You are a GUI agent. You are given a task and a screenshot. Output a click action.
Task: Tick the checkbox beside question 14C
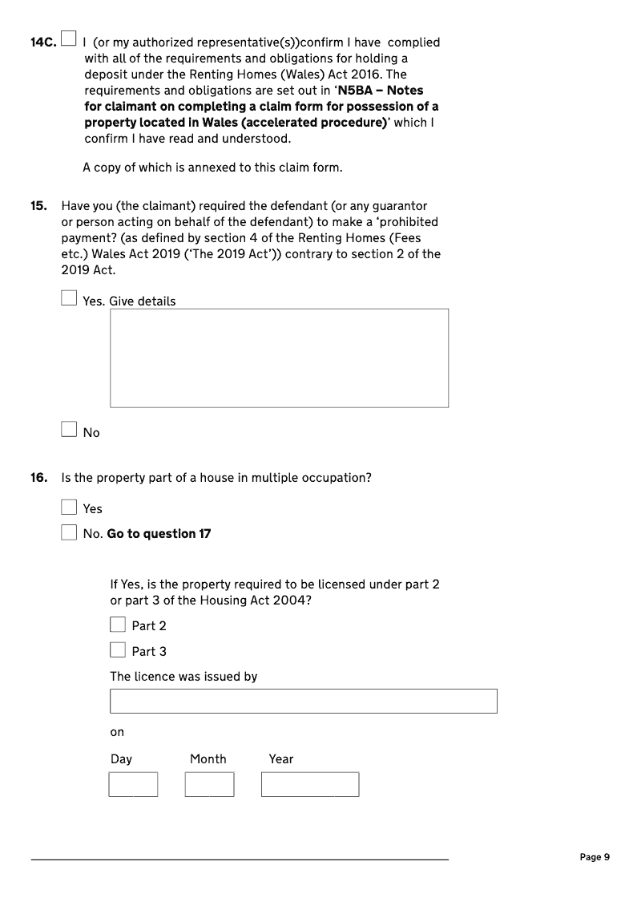pyautogui.click(x=70, y=38)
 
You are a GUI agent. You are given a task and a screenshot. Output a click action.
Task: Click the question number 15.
pyautogui.click(x=38, y=206)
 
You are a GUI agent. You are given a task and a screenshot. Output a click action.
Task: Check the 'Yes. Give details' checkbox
pyautogui.click(x=70, y=298)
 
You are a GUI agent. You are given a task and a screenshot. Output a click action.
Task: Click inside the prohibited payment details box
pyautogui.click(x=279, y=358)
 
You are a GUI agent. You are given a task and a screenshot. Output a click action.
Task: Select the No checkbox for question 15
pyautogui.click(x=70, y=430)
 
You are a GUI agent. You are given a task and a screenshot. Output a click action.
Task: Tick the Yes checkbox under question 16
pyautogui.click(x=70, y=508)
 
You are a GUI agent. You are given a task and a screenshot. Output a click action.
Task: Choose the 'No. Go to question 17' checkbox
pyautogui.click(x=70, y=532)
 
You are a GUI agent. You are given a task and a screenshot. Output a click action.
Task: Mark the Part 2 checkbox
pyautogui.click(x=118, y=625)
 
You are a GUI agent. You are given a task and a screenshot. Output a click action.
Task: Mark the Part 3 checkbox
pyautogui.click(x=118, y=649)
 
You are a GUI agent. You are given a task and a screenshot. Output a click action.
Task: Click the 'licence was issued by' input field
pyautogui.click(x=303, y=701)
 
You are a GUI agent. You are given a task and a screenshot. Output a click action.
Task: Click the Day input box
pyautogui.click(x=133, y=784)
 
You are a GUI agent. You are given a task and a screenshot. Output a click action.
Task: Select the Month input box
pyautogui.click(x=209, y=784)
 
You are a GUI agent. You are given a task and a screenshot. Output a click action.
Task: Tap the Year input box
pyautogui.click(x=309, y=784)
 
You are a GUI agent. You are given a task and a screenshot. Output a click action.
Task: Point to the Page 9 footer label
pyautogui.click(x=595, y=857)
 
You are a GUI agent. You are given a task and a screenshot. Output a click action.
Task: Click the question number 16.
pyautogui.click(x=38, y=478)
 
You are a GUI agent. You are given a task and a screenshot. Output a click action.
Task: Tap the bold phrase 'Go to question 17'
pyautogui.click(x=159, y=533)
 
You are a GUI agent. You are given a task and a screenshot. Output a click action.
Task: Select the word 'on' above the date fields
pyautogui.click(x=117, y=732)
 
